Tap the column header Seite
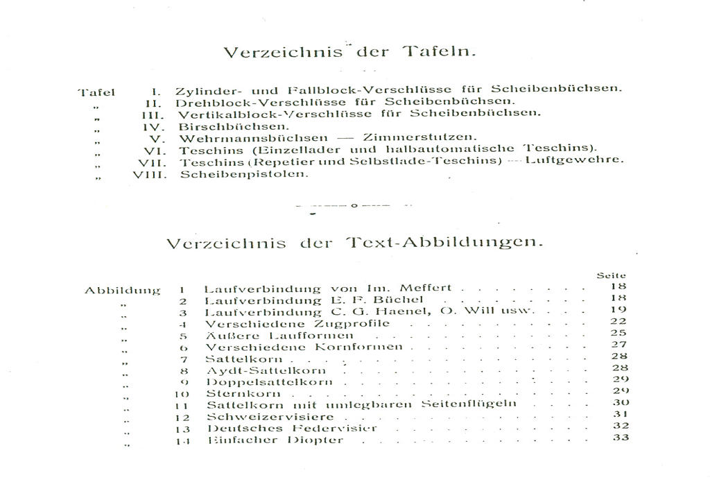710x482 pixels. [x=611, y=276]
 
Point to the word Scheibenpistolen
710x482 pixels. [x=244, y=174]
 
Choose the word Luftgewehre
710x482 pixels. [x=574, y=160]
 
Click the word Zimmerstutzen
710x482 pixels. [x=419, y=137]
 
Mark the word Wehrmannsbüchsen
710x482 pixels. [x=253, y=138]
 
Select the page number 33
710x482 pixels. [x=621, y=438]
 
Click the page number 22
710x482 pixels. [x=619, y=321]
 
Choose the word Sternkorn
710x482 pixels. [x=234, y=393]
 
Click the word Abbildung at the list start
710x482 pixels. [x=122, y=291]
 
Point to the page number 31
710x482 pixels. [x=621, y=414]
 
